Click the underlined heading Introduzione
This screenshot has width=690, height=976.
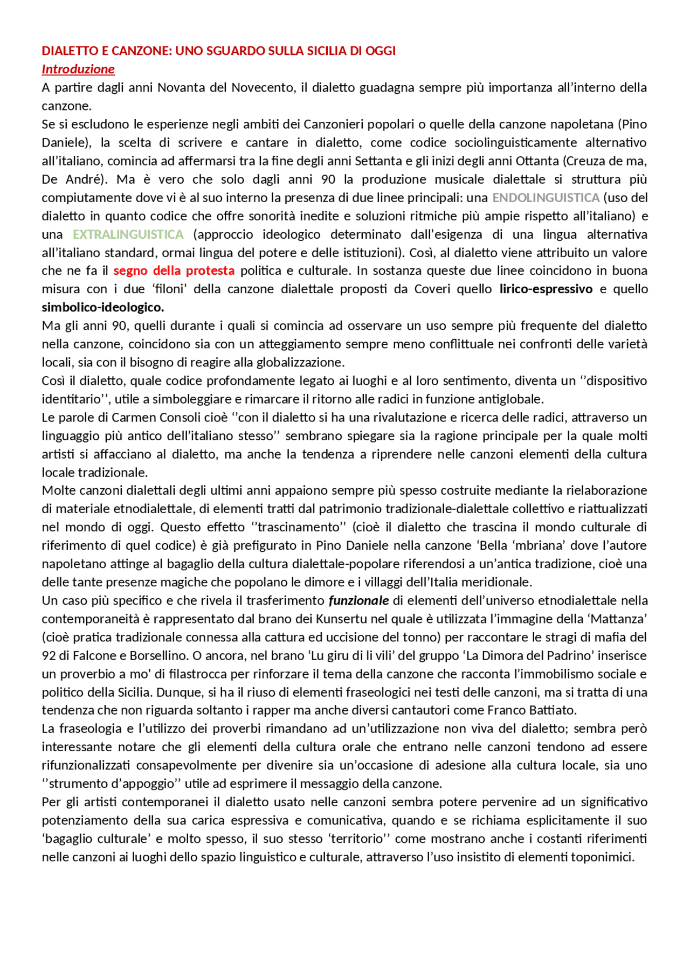pos(78,69)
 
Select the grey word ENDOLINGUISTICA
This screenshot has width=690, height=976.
pos(546,197)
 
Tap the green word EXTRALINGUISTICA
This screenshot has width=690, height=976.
pos(128,234)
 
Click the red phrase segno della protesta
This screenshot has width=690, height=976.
pos(174,271)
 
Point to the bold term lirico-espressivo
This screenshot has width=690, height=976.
pos(546,289)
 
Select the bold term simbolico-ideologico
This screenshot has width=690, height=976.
pos(103,307)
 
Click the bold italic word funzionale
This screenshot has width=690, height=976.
pos(358,600)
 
